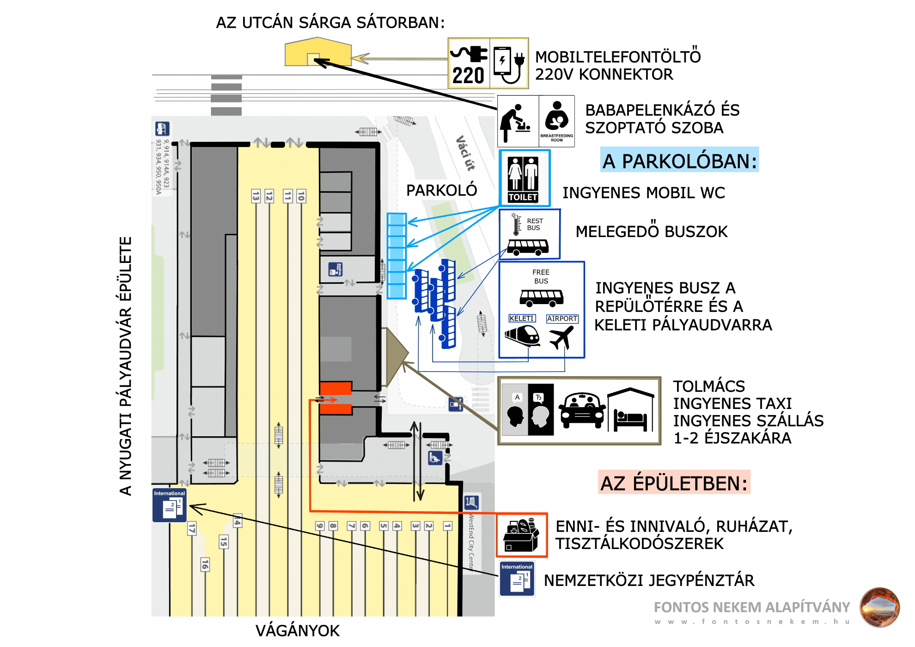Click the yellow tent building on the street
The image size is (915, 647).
coord(318,52)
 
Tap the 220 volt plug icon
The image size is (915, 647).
coord(469,64)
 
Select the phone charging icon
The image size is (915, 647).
coord(509,64)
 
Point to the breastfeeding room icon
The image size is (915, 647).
coord(557,121)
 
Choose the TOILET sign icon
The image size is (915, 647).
coord(524,178)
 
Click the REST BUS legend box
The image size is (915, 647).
coord(530,234)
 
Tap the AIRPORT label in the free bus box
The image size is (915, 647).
coord(562,318)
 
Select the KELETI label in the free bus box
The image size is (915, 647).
coord(522,318)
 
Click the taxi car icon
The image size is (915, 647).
coord(582,410)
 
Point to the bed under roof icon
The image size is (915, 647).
coord(631,410)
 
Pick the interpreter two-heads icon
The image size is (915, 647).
coord(528,410)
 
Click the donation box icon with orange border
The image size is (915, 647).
coord(522,535)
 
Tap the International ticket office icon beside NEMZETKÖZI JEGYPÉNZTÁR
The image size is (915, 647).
coord(517,579)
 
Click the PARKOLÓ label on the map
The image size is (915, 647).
coord(441,190)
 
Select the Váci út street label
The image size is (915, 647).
coord(465,153)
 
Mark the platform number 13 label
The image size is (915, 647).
coord(256,196)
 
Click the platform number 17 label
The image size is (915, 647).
coord(192,528)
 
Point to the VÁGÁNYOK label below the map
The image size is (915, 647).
coord(297,631)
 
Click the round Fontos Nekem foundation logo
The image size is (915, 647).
coord(879,607)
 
